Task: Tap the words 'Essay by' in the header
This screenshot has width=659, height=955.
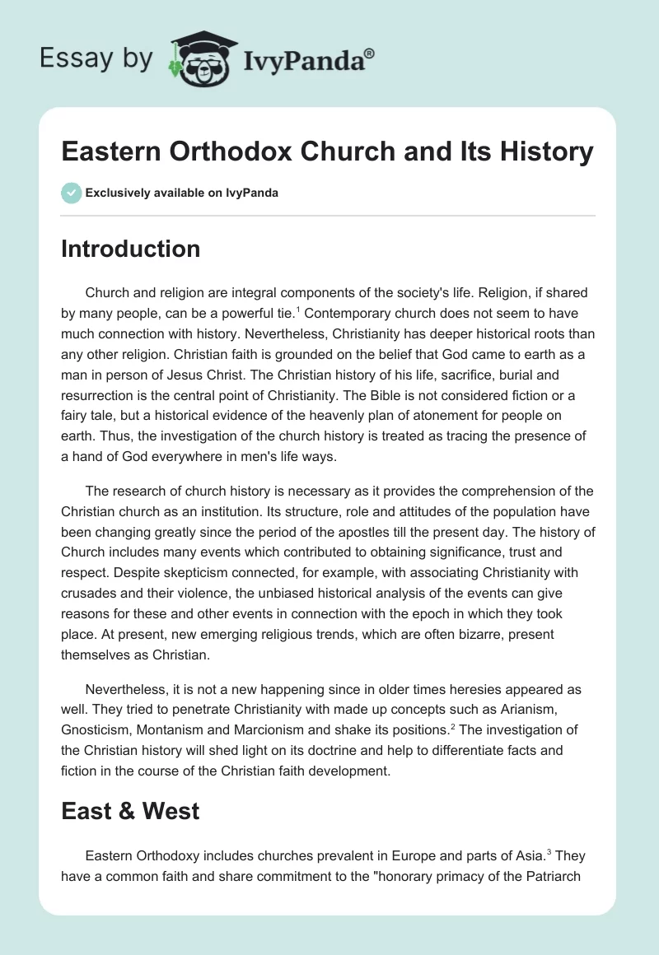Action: [x=97, y=59]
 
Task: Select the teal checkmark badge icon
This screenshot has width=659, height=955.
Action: [x=71, y=193]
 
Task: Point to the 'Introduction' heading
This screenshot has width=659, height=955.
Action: [x=130, y=249]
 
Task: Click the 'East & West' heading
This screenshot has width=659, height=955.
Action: [x=130, y=811]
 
